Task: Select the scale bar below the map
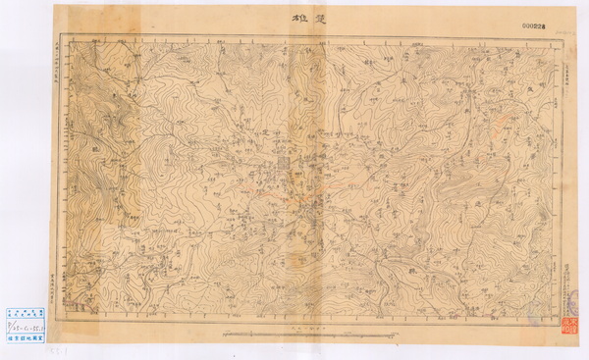[x=294, y=334]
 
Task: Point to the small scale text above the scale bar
[x=294, y=327]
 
